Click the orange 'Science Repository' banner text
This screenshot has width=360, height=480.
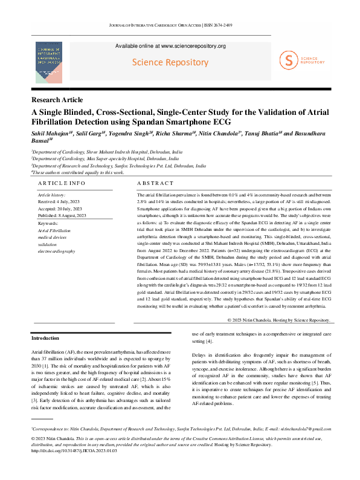pos(170,62)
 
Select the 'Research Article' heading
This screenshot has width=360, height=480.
pos(57,100)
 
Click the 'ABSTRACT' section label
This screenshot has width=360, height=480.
pos(156,183)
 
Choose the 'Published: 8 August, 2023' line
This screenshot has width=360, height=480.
pos(62,215)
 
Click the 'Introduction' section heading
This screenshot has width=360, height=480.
pos(45,338)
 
